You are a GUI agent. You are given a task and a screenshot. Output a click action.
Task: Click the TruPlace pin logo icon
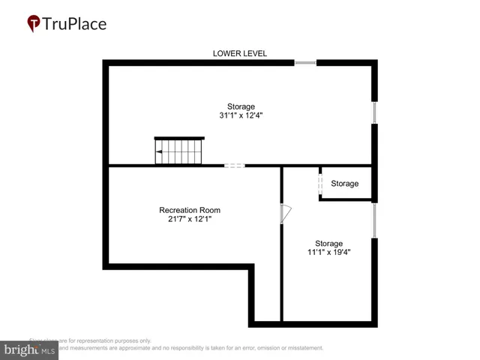click(x=34, y=24)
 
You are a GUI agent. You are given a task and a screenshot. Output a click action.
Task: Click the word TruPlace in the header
click(x=74, y=24)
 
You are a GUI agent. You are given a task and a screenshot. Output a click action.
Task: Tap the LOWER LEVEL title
click(x=240, y=53)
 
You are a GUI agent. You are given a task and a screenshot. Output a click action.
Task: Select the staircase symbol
click(x=179, y=151)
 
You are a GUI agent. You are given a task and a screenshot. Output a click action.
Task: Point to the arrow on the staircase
click(x=160, y=151)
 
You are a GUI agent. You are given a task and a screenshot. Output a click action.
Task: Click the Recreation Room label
click(x=190, y=210)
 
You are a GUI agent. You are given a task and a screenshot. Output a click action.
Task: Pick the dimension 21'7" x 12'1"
click(x=190, y=220)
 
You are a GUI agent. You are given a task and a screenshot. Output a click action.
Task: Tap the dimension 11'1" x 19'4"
click(x=328, y=253)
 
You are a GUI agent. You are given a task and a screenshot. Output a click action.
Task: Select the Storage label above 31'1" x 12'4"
click(x=241, y=106)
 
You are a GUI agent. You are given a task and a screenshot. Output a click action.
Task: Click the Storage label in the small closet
click(x=345, y=184)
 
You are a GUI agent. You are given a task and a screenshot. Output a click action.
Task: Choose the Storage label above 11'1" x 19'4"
click(x=328, y=243)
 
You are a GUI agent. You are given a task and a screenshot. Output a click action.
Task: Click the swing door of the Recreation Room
click(x=284, y=214)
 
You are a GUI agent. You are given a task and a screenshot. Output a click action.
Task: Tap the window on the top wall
click(x=305, y=63)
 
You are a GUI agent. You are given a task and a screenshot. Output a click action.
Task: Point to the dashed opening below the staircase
click(x=234, y=166)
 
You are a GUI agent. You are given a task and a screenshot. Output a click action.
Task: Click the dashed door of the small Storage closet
click(x=320, y=184)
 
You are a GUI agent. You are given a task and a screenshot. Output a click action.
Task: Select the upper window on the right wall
click(x=374, y=113)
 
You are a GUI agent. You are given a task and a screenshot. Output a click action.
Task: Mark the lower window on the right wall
click(x=374, y=220)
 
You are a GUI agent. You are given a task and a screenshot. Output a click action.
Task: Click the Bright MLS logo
click(x=30, y=350)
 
